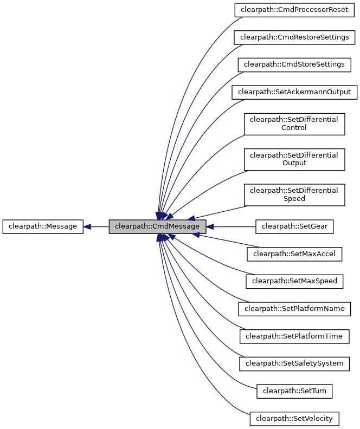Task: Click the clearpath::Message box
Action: [43, 227]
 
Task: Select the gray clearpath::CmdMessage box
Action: [157, 227]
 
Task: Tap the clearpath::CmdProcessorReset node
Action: [294, 10]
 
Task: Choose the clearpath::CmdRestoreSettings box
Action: [294, 37]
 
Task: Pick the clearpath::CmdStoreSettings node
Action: [294, 64]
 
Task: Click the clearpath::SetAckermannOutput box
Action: [294, 92]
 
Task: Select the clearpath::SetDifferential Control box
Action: [294, 123]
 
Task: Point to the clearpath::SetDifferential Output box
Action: [294, 159]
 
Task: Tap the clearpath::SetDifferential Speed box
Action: [294, 194]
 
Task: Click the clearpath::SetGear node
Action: [294, 227]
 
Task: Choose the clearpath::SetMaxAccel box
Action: [294, 253]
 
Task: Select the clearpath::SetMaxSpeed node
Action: [294, 281]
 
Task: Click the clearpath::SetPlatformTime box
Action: [294, 336]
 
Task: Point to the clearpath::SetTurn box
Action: [294, 391]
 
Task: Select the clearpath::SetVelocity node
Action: [294, 418]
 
